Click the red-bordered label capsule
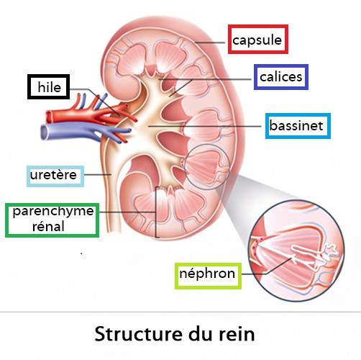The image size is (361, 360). [x=258, y=39]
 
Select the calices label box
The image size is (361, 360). [x=281, y=77]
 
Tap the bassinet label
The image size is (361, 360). [x=298, y=126]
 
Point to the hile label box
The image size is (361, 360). [x=49, y=86]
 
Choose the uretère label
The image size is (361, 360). [x=55, y=176]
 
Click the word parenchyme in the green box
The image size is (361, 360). [x=53, y=212]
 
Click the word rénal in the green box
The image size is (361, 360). [x=48, y=226]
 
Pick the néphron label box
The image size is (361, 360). [x=208, y=276]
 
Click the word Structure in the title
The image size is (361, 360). [x=139, y=333]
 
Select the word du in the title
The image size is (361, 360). [x=201, y=333]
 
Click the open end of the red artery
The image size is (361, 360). [x=49, y=117]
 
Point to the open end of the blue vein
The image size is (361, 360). [x=44, y=132]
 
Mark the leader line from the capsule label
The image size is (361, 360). [x=210, y=42]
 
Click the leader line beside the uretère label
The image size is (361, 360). [x=98, y=174]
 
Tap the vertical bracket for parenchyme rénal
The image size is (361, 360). [x=156, y=212]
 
